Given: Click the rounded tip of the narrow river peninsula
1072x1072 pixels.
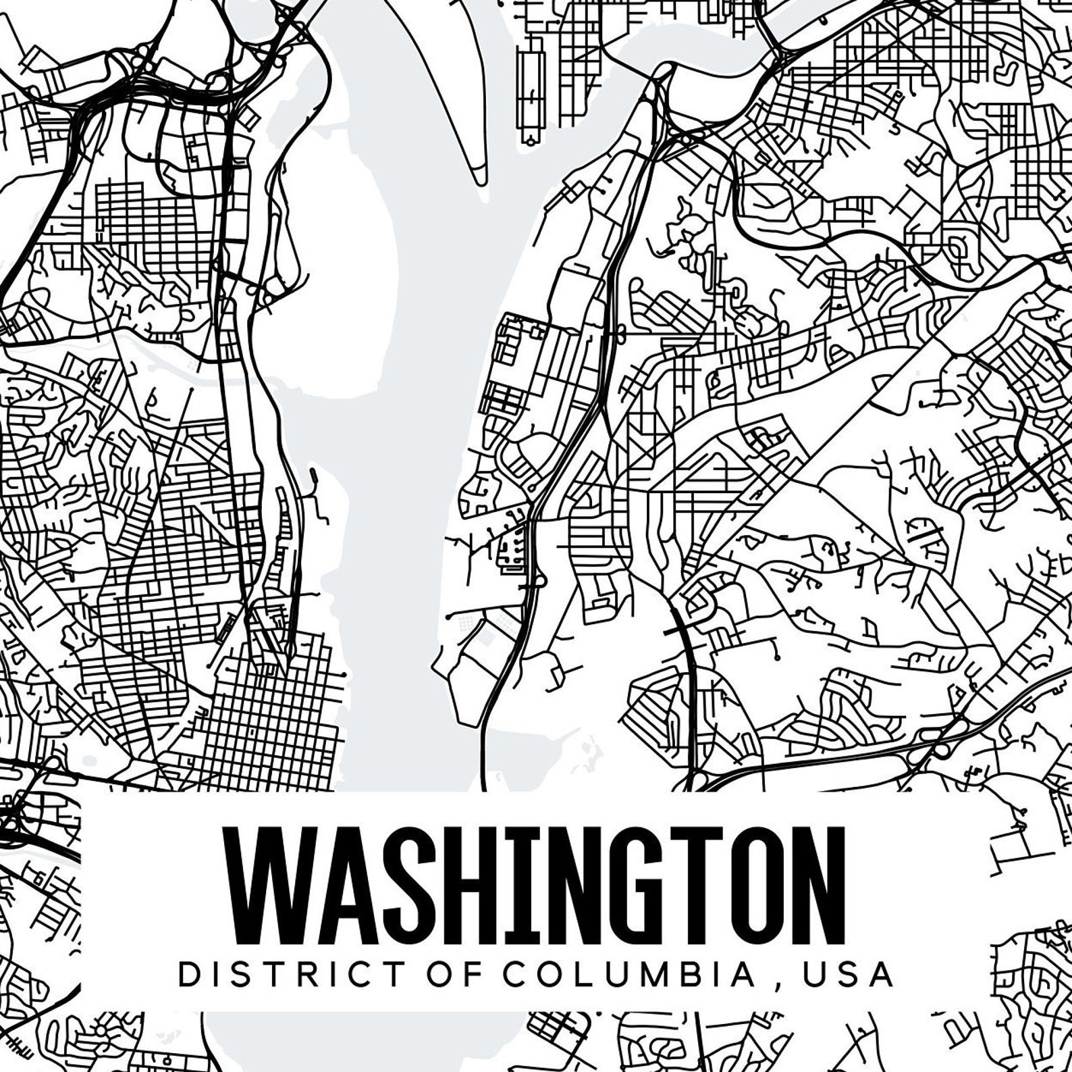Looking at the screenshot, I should coord(479,178).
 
